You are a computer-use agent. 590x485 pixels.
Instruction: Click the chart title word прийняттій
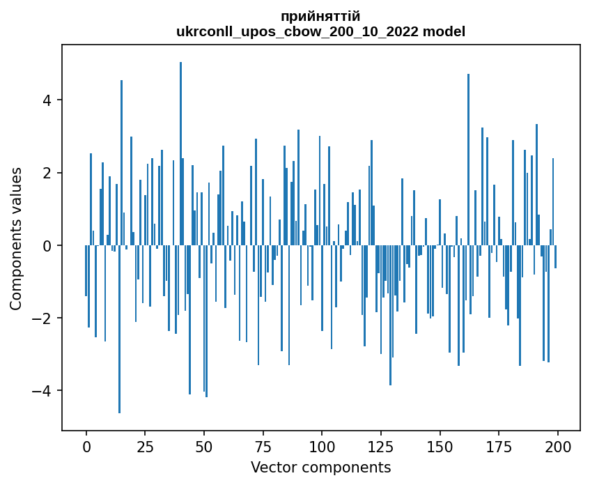point(320,16)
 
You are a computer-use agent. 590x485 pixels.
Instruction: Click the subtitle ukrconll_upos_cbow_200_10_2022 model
point(320,31)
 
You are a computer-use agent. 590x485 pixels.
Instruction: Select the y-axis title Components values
point(16,238)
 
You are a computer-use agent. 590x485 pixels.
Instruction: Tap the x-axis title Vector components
point(320,467)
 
